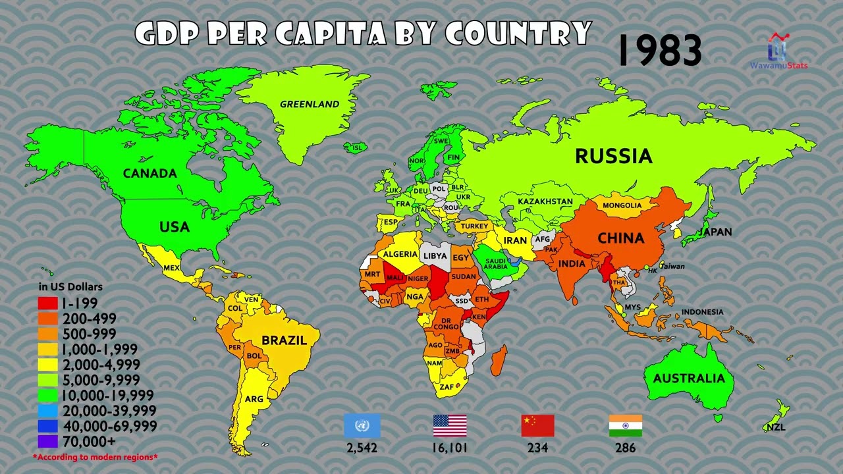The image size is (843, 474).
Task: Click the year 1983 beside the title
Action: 660,51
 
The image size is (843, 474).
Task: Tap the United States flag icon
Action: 450,426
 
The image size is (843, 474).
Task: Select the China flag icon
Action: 537,426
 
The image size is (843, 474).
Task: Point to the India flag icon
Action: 625,426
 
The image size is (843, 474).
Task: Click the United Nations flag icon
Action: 362,426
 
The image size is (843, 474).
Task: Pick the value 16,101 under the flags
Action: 450,448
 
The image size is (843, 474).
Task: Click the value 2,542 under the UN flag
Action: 362,448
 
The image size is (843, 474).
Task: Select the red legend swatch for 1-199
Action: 47,303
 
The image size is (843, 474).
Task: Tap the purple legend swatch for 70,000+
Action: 47,441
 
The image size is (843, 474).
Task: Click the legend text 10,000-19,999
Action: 107,396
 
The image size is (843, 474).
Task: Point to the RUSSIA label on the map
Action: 614,156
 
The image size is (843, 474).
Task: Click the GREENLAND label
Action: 310,104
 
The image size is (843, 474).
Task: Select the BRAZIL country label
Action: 285,340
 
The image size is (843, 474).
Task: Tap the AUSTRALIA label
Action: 689,379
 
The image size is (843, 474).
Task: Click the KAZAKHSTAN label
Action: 545,201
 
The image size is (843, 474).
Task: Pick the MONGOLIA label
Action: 622,205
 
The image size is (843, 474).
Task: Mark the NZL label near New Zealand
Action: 776,428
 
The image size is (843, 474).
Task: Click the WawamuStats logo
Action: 779,51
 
